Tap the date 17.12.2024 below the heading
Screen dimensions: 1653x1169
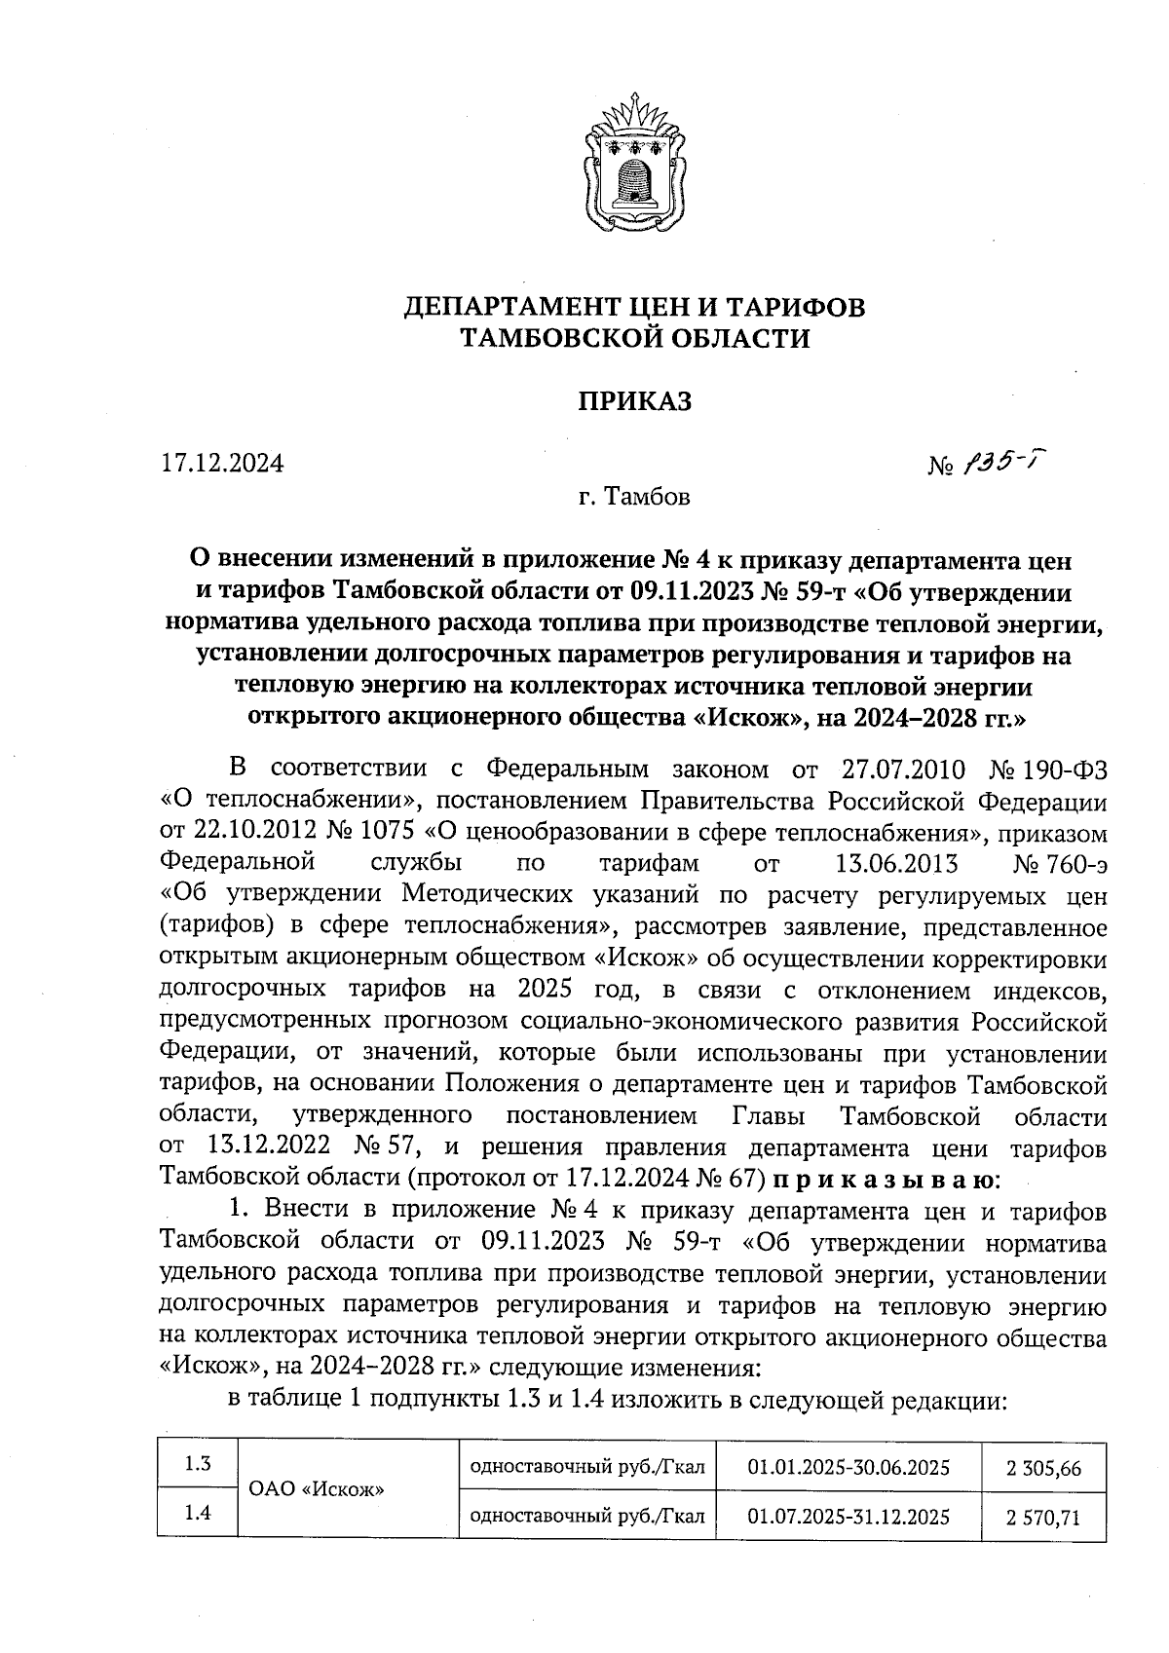(222, 463)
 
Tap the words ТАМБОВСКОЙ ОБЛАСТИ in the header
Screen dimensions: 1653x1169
(634, 338)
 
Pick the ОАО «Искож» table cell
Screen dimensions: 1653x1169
(318, 1489)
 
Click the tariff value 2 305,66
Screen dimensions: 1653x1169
(1044, 1468)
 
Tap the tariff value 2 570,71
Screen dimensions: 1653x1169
(1044, 1517)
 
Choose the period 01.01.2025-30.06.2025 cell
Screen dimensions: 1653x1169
(848, 1467)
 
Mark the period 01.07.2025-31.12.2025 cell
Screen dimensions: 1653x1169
(848, 1516)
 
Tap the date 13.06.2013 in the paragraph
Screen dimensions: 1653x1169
(897, 865)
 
